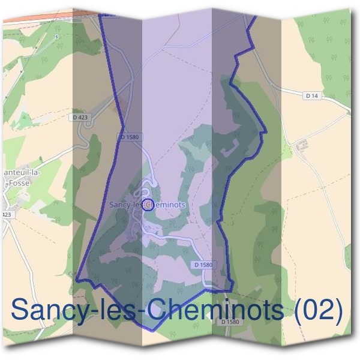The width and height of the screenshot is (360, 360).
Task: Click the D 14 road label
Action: click(x=311, y=95)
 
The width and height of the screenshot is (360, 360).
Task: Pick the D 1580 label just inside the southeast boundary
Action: click(x=203, y=265)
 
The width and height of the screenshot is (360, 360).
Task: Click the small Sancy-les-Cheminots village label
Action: click(x=147, y=205)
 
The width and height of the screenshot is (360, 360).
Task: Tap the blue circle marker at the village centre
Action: click(x=148, y=206)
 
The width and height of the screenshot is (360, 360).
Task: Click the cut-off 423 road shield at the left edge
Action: click(x=6, y=215)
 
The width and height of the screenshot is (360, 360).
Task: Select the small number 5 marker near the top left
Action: click(x=58, y=37)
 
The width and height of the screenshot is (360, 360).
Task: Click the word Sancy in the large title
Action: click(x=49, y=311)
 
